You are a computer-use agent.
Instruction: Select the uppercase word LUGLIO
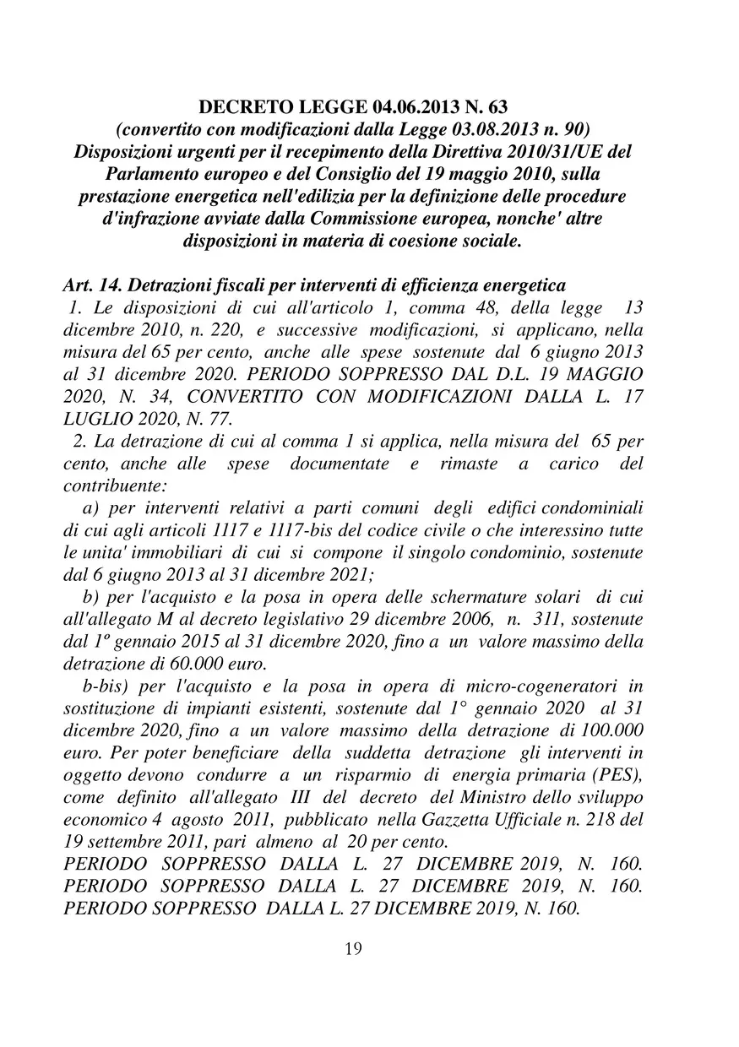tap(96, 418)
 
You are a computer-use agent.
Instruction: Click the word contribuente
tap(115, 486)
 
